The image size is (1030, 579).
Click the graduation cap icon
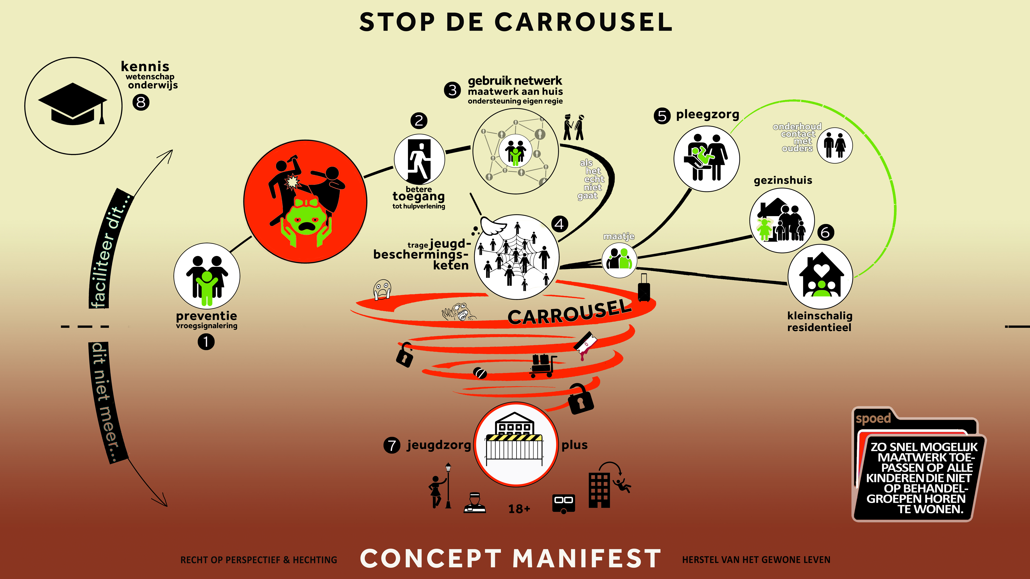pyautogui.click(x=73, y=104)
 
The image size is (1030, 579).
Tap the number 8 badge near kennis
pyautogui.click(x=141, y=102)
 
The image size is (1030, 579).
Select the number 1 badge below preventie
pyautogui.click(x=206, y=342)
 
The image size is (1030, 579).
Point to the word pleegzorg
pyautogui.click(x=707, y=115)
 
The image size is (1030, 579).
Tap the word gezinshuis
pyautogui.click(x=782, y=180)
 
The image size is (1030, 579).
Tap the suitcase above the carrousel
pyautogui.click(x=643, y=288)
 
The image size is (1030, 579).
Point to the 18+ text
pyautogui.click(x=519, y=509)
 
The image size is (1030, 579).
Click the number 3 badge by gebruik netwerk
pyautogui.click(x=452, y=90)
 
